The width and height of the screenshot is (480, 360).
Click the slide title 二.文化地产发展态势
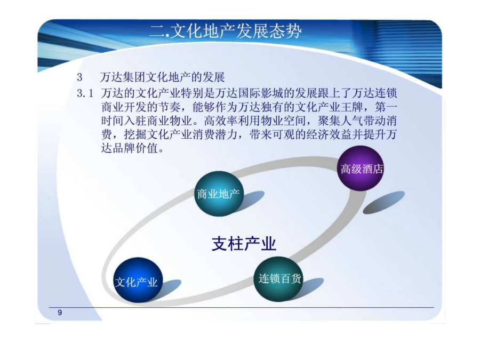226,31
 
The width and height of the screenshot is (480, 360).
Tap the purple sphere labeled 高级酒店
361,169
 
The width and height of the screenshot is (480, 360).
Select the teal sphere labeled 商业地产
219,194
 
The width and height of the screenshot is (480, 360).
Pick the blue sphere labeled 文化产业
138,280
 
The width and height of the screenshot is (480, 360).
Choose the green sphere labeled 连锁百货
278,279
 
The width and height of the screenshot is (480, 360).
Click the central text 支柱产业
244,244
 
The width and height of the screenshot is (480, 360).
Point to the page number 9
60,313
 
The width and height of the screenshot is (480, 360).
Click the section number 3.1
85,93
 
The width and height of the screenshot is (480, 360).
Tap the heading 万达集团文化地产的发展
163,77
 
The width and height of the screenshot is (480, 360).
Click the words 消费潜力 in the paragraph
215,135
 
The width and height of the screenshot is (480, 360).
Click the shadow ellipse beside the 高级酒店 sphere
384,202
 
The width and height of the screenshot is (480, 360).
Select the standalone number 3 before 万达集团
79,77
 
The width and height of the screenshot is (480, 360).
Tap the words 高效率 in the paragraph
221,121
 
